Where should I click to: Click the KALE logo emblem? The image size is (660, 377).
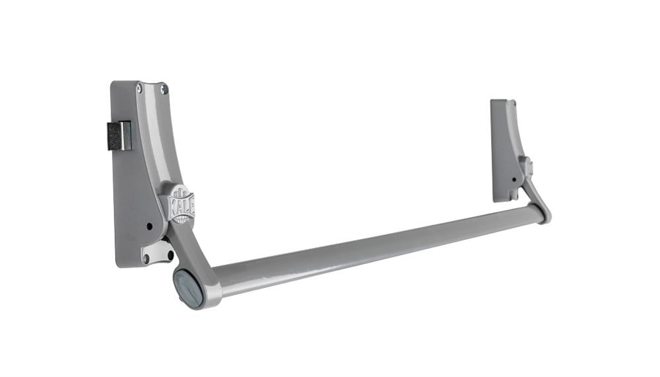[x=180, y=203]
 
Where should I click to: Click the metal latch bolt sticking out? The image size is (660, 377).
[x=119, y=135]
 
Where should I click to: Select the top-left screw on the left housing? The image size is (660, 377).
[x=139, y=86]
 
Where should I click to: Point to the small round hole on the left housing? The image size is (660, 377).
[x=150, y=226]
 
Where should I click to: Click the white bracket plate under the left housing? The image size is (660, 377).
[x=157, y=251]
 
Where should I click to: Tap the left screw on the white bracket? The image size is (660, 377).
[x=146, y=259]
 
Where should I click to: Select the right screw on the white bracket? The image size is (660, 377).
[x=170, y=253]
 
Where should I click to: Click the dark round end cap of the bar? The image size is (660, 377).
[x=188, y=287]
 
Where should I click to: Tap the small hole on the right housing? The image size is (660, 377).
[x=513, y=178]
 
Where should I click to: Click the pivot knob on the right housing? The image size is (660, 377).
[x=526, y=166]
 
